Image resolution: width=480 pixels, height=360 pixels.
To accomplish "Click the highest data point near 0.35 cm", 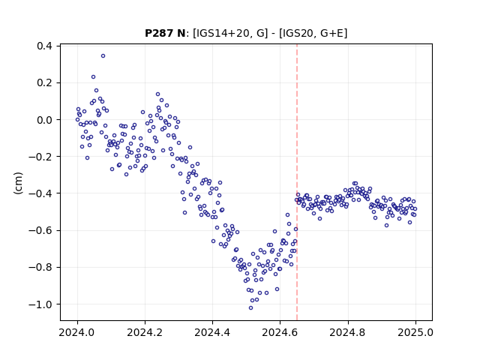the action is (103, 56).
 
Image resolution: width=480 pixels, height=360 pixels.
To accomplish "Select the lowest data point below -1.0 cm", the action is (250, 308).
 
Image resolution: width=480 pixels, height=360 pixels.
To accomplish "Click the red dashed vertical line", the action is (297, 182).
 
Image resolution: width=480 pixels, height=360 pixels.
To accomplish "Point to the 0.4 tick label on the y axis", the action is (44, 46).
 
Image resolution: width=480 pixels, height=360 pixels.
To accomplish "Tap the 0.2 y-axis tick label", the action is (44, 83).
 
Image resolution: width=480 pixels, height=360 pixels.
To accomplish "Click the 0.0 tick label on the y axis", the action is (44, 120).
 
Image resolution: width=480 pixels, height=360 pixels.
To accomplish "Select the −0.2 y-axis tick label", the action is (40, 157).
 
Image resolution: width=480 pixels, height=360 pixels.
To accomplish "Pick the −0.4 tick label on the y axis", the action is (40, 193).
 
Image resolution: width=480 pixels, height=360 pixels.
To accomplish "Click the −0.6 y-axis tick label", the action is (40, 230).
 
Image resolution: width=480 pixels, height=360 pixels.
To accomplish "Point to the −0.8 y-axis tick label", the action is (40, 268).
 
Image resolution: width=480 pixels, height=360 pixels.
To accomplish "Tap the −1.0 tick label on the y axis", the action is (40, 304).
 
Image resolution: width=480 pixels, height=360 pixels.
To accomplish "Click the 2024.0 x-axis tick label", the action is (77, 332).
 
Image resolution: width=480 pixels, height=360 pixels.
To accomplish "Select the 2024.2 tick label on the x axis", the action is (145, 332).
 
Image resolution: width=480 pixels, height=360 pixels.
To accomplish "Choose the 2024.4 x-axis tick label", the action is (212, 332).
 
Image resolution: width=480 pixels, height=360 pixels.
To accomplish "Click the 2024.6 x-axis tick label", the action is (280, 332).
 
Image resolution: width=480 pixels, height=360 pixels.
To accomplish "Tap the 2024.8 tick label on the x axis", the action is (348, 332).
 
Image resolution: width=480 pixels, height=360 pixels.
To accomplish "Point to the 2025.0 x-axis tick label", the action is (415, 332).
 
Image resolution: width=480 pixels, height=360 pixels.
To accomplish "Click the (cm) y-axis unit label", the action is (18, 183).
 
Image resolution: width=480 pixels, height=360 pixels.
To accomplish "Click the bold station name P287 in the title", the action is (159, 33).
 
